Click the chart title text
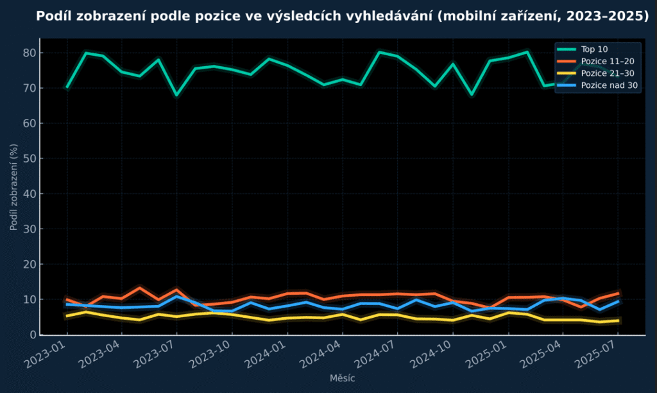point(343,16)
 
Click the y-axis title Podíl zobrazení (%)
point(14,187)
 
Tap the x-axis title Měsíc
point(342,379)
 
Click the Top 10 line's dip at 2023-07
point(177,94)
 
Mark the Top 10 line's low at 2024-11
point(472,94)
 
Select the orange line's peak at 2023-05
point(140,288)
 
